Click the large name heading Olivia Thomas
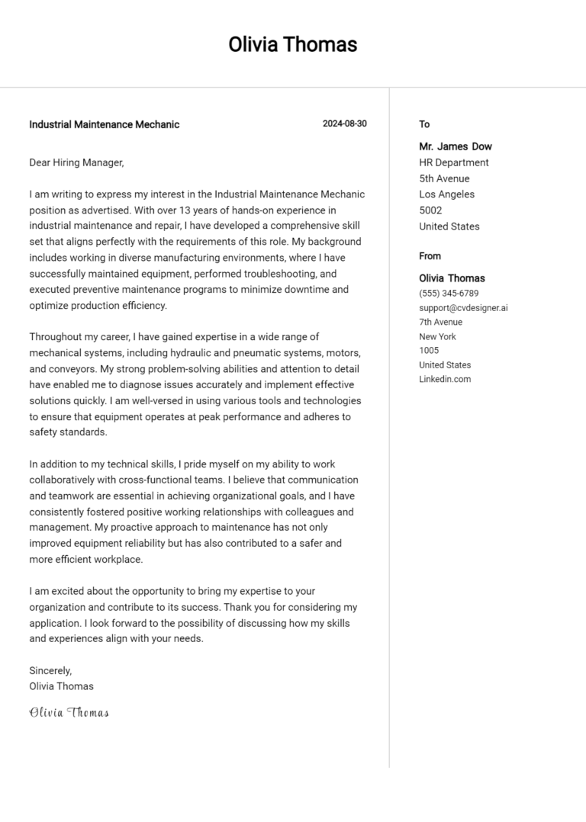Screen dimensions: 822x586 292,44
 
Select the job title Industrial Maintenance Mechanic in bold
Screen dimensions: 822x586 105,124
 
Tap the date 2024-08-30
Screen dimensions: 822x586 344,124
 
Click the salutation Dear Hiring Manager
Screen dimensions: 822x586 76,162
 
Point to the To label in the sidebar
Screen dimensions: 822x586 424,124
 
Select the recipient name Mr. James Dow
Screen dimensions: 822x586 456,146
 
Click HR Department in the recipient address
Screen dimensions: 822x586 454,162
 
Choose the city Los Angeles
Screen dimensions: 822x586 446,194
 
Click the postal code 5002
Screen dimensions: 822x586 430,210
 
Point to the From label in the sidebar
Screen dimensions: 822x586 430,256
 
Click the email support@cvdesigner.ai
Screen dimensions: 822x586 463,308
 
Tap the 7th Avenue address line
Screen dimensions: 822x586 440,323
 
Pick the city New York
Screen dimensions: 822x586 437,336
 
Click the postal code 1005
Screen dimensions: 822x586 429,351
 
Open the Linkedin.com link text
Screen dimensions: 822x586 445,379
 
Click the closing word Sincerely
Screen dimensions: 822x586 50,670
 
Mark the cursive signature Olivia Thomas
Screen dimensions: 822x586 69,713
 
